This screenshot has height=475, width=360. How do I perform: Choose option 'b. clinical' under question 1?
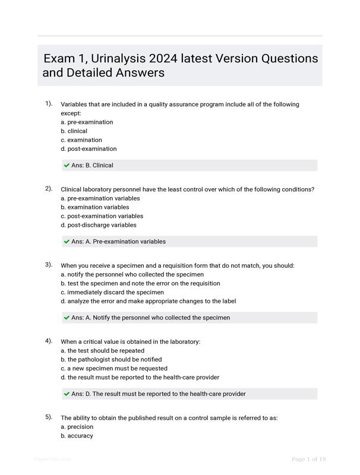tap(74, 131)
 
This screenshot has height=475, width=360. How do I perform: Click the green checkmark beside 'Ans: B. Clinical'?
tap(67, 165)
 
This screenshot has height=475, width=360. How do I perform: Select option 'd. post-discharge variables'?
tap(98, 225)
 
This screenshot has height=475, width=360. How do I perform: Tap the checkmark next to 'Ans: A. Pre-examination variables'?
tap(67, 242)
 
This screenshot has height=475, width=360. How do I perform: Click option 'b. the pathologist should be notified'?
tap(110, 359)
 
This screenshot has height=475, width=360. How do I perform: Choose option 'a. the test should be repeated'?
tap(102, 350)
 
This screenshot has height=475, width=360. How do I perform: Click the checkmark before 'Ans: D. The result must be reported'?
tap(67, 394)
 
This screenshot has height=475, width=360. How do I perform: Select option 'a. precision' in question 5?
tap(77, 426)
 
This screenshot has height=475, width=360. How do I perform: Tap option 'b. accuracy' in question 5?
tap(77, 436)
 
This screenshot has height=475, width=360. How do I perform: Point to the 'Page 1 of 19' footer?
tap(308, 459)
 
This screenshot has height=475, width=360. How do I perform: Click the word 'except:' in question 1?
tap(71, 113)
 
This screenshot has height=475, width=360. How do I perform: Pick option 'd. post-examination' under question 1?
tap(89, 149)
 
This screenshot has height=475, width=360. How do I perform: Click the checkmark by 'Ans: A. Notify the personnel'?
tap(67, 318)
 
